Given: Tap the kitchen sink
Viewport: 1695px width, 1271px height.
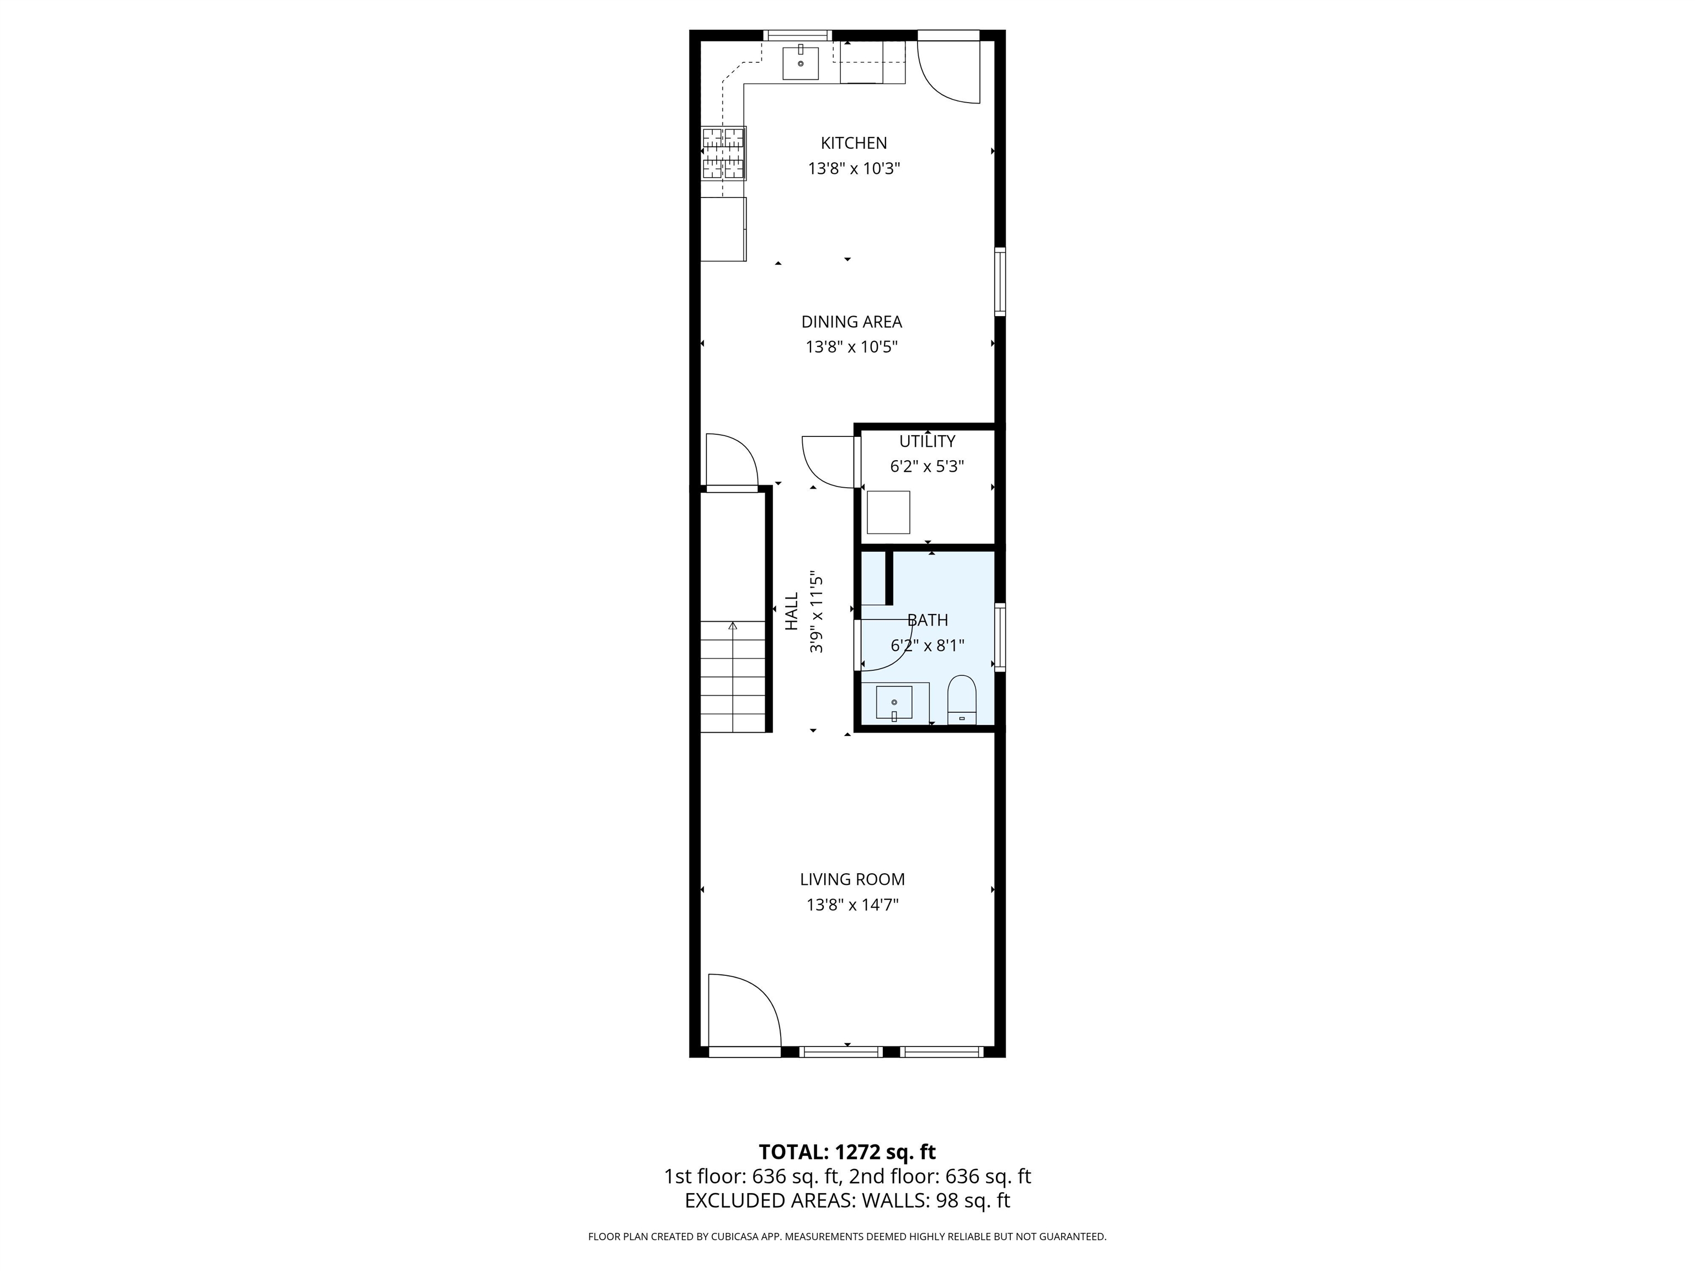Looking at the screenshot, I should [x=801, y=63].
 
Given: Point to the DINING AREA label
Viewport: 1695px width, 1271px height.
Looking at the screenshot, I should [x=851, y=322].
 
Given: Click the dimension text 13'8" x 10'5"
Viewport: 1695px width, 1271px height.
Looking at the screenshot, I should [x=851, y=347].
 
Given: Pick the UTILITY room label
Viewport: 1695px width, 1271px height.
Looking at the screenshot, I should [x=927, y=441].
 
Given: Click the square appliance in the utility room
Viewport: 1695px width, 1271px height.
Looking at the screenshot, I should [x=888, y=512].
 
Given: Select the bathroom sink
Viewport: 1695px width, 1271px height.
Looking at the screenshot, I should [x=894, y=703].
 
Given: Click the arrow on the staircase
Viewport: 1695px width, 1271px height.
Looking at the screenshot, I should [x=733, y=627].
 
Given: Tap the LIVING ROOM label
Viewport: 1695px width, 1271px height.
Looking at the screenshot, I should [x=852, y=879].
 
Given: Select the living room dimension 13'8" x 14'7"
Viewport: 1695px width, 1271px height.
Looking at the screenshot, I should [x=852, y=905].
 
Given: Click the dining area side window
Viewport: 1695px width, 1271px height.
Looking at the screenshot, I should [x=1000, y=281].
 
